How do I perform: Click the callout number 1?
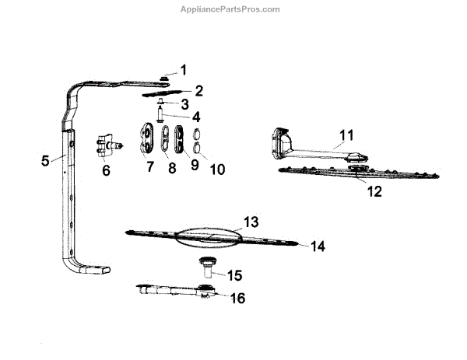tap(183, 70)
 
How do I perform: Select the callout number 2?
tap(199, 91)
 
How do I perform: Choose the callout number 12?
tap(374, 191)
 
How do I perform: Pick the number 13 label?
tap(251, 222)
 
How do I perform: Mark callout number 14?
tap(317, 246)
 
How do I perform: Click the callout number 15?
tap(234, 275)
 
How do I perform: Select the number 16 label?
tap(237, 298)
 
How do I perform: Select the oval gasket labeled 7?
tap(145, 139)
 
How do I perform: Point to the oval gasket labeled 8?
tap(165, 139)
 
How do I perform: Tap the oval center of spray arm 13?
tap(211, 236)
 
